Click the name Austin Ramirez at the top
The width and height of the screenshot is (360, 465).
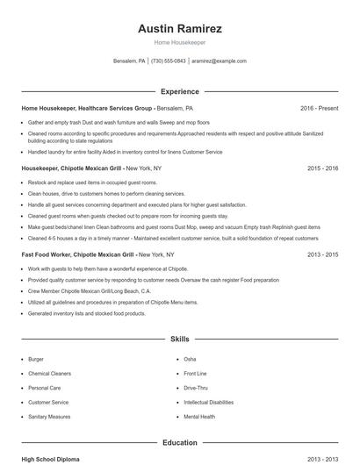180,28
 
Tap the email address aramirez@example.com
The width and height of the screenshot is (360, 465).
219,61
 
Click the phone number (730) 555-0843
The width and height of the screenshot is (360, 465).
169,61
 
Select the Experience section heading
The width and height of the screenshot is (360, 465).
180,91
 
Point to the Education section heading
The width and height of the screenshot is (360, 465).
180,444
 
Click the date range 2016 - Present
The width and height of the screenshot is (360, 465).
319,108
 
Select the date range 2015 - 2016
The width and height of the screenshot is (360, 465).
322,168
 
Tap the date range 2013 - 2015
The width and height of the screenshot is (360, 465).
322,254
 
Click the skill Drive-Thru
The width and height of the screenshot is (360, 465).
196,388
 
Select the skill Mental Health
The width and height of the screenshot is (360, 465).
199,417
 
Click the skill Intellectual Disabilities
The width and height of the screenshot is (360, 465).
208,403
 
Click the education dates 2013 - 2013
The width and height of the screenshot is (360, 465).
322,459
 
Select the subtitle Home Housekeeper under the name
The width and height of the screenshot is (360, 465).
180,42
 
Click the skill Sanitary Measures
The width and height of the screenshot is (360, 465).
49,417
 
